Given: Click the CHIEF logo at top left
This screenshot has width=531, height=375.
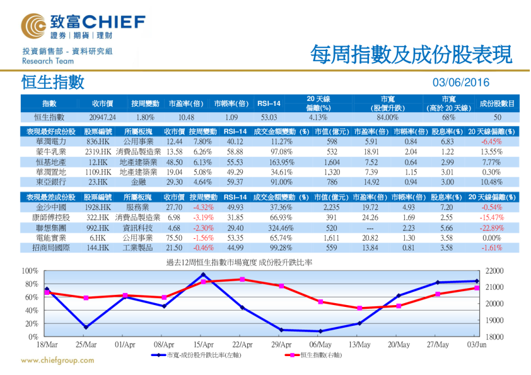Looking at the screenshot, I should click(82, 26).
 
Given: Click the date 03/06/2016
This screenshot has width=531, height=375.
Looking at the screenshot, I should click(461, 83).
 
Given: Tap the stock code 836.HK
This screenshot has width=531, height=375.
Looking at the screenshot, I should click(98, 142).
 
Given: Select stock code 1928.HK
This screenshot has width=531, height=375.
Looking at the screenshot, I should click(97, 207).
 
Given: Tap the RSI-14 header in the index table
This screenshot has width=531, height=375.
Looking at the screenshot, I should click(269, 103).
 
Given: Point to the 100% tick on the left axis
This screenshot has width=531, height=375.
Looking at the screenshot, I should click(30, 270).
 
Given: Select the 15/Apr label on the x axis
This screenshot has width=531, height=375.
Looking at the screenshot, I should click(203, 345).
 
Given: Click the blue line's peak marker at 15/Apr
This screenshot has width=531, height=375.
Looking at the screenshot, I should click(203, 274).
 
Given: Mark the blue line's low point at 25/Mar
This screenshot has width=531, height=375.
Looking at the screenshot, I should click(86, 326).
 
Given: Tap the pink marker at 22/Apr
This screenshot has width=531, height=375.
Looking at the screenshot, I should click(242, 279).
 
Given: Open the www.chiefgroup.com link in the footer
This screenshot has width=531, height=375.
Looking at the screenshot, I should click(57, 361).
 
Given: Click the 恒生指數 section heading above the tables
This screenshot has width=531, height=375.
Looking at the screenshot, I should click(52, 83).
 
